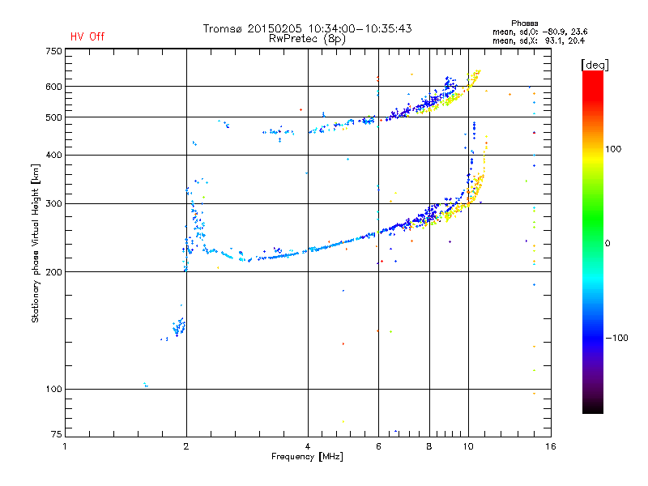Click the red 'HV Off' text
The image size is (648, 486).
tap(87, 36)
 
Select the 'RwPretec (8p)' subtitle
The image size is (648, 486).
tap(307, 39)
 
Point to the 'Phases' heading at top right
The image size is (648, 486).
tap(524, 23)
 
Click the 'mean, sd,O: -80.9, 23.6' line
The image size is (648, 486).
tap(539, 32)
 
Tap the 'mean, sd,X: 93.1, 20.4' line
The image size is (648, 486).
tap(539, 40)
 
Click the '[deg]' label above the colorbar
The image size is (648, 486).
tap(595, 65)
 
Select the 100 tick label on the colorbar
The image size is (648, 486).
tap(613, 149)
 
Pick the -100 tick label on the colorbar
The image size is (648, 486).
tap(616, 338)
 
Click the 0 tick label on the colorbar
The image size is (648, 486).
tap(607, 243)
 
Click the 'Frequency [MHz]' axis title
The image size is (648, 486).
tap(307, 457)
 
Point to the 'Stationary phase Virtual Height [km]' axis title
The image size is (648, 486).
tap(35, 244)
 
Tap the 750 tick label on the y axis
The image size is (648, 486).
tap(53, 51)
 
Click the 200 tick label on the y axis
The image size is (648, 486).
tap(53, 272)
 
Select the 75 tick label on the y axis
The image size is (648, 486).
tap(57, 434)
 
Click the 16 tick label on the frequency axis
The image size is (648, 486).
tap(551, 446)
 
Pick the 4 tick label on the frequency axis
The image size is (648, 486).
tap(308, 446)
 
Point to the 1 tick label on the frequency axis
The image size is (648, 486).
tap(65, 446)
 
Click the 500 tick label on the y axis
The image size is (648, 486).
tap(53, 117)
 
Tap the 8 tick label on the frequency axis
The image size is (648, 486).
tap(429, 446)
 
